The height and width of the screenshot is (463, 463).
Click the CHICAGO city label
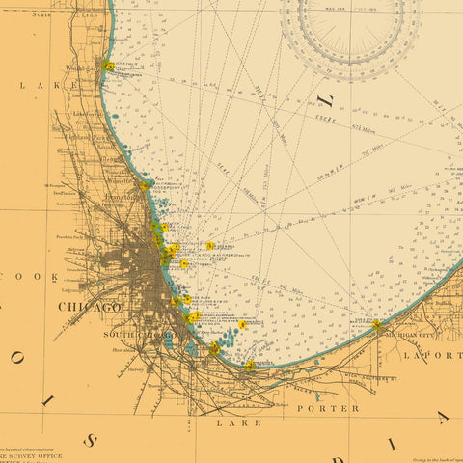[x=90, y=307]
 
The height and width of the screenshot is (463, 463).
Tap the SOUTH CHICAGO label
[x=135, y=334]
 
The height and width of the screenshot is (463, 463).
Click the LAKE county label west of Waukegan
[x=34, y=85]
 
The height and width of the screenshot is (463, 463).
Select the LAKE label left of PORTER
[x=238, y=422]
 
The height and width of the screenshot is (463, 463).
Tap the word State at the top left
[x=41, y=15]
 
